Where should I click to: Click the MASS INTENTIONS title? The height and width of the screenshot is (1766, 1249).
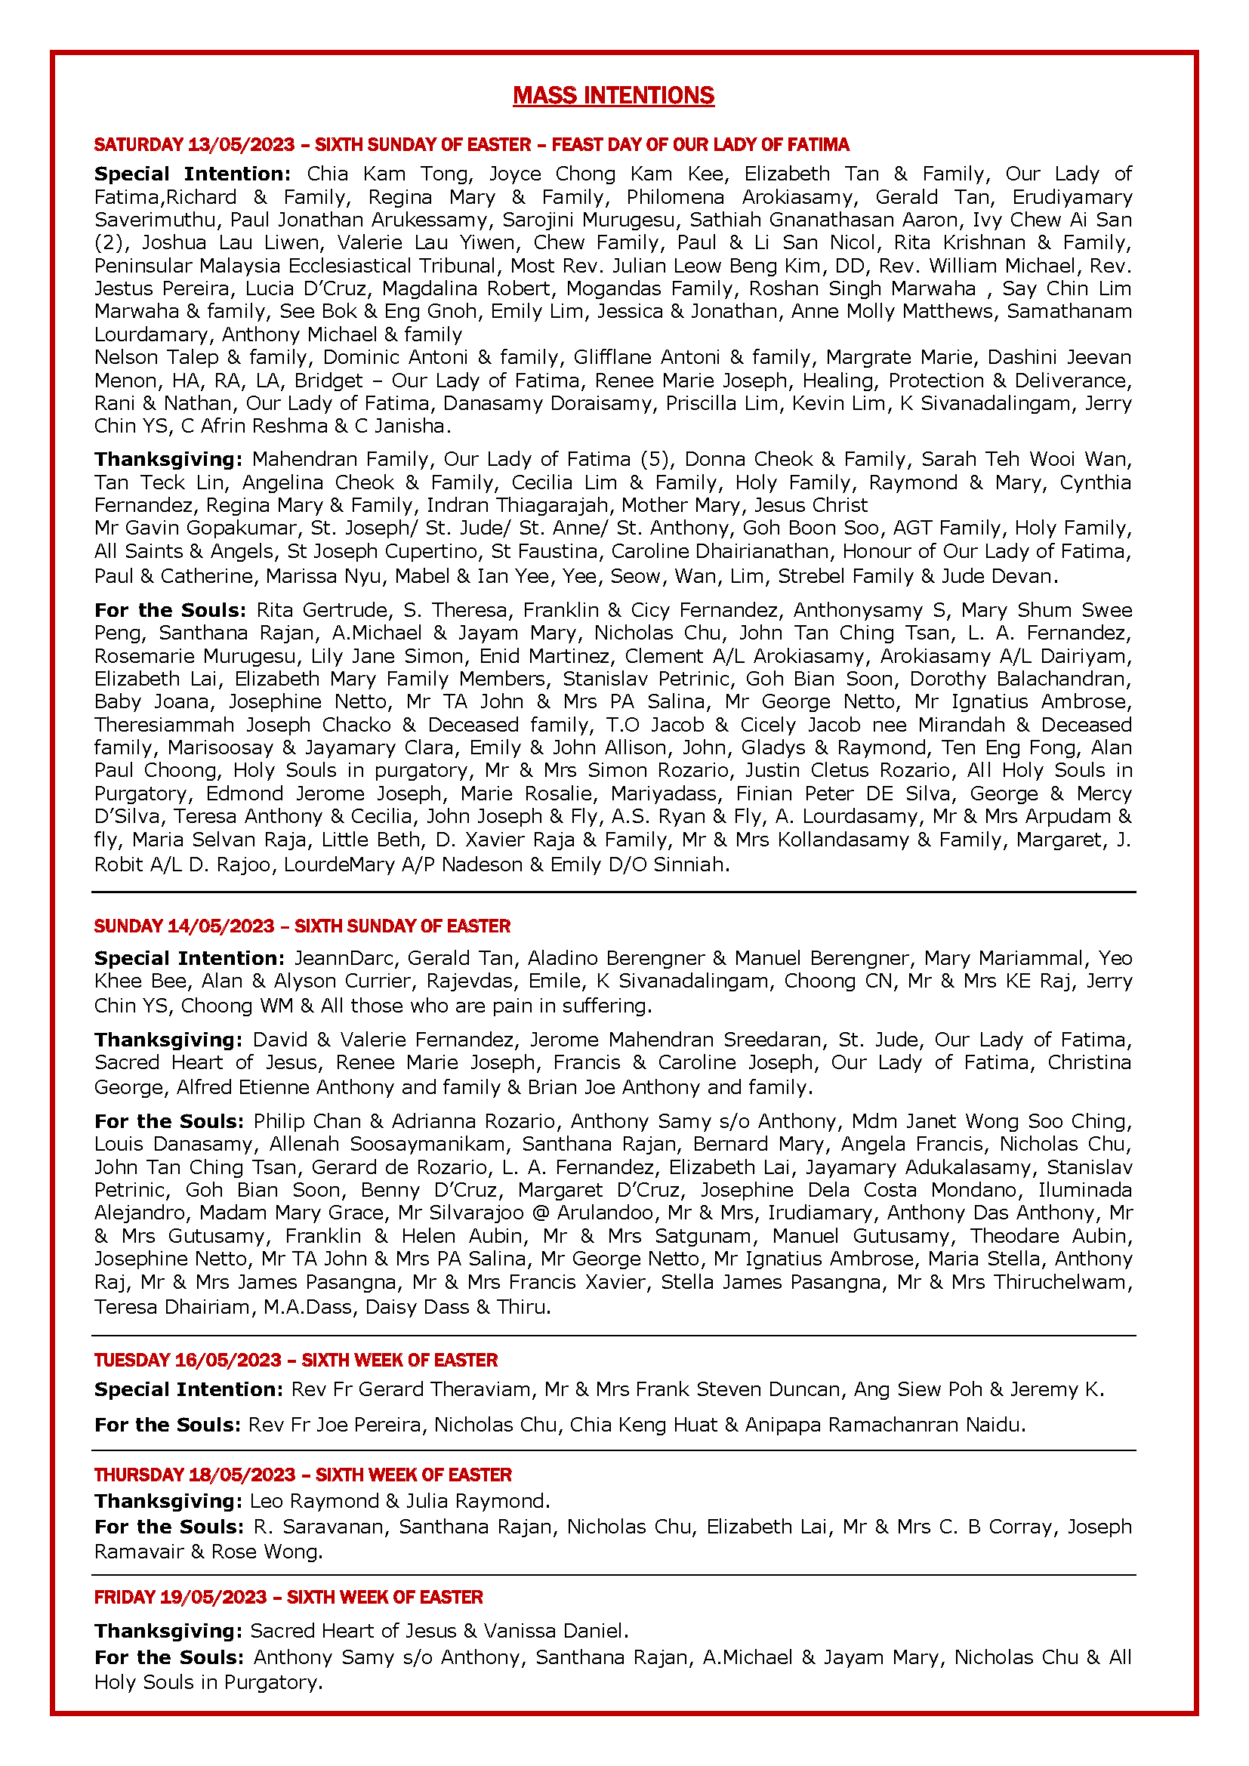coord(613,95)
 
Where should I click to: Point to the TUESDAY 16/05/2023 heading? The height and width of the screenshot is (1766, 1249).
coord(295,1360)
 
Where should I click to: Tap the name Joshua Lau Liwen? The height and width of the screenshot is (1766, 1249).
coord(220,242)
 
